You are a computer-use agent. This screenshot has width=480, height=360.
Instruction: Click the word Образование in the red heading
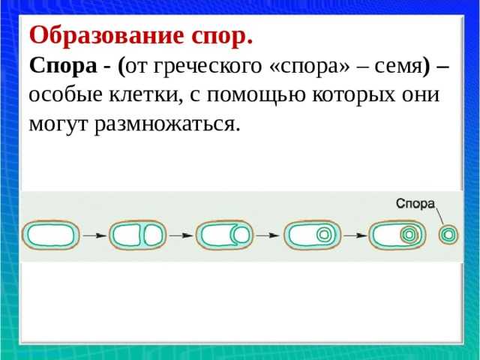coord(106,36)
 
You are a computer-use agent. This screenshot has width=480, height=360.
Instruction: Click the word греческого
coord(208,67)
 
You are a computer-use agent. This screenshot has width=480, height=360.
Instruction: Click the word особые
coord(65,94)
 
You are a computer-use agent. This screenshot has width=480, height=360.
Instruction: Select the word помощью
coord(256,95)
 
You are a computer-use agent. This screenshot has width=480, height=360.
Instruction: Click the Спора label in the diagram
coord(415,203)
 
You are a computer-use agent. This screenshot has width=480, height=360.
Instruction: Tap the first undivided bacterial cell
coord(51,235)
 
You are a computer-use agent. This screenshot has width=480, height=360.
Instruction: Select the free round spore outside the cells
coord(448,235)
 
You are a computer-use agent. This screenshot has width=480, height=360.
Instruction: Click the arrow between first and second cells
coord(94,235)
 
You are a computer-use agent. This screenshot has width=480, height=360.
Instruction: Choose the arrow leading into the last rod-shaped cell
coord(355,235)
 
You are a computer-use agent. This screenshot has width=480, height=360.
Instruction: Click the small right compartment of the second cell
coord(151,235)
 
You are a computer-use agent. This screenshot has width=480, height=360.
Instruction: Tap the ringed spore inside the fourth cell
coord(324,235)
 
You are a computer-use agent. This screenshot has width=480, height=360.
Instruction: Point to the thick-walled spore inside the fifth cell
coord(409,235)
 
